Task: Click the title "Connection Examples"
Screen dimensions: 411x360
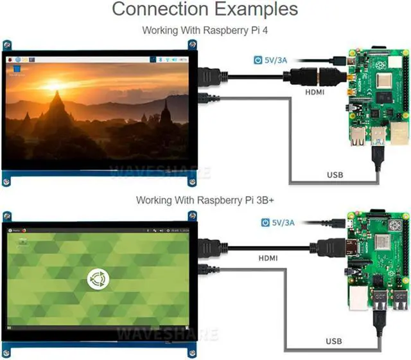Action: pos(205,10)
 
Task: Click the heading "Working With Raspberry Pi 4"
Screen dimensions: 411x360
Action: pos(205,30)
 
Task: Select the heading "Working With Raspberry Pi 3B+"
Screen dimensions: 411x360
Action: pos(205,200)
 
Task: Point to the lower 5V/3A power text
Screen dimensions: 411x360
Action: pos(283,222)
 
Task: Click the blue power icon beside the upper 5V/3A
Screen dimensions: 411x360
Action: pos(259,60)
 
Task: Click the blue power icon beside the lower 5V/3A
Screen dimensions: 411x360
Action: pos(265,222)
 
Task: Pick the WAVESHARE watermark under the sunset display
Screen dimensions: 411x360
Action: pos(151,172)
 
